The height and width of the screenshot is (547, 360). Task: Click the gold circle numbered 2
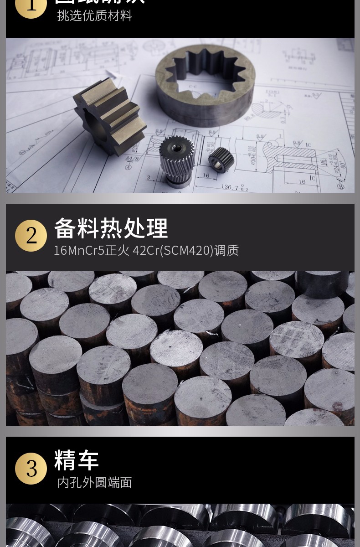point(31,236)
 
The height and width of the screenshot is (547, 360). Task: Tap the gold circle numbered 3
point(31,469)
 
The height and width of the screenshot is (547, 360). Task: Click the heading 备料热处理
point(111,228)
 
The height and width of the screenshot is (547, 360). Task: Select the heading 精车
point(77,460)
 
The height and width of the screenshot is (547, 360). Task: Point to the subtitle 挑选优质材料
point(95,15)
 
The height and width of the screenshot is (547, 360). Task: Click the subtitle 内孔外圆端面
point(95,482)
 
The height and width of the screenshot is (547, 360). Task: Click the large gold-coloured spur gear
point(109,114)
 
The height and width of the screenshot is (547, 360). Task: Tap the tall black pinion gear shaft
point(177,160)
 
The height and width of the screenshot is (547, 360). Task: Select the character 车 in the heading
point(88,460)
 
